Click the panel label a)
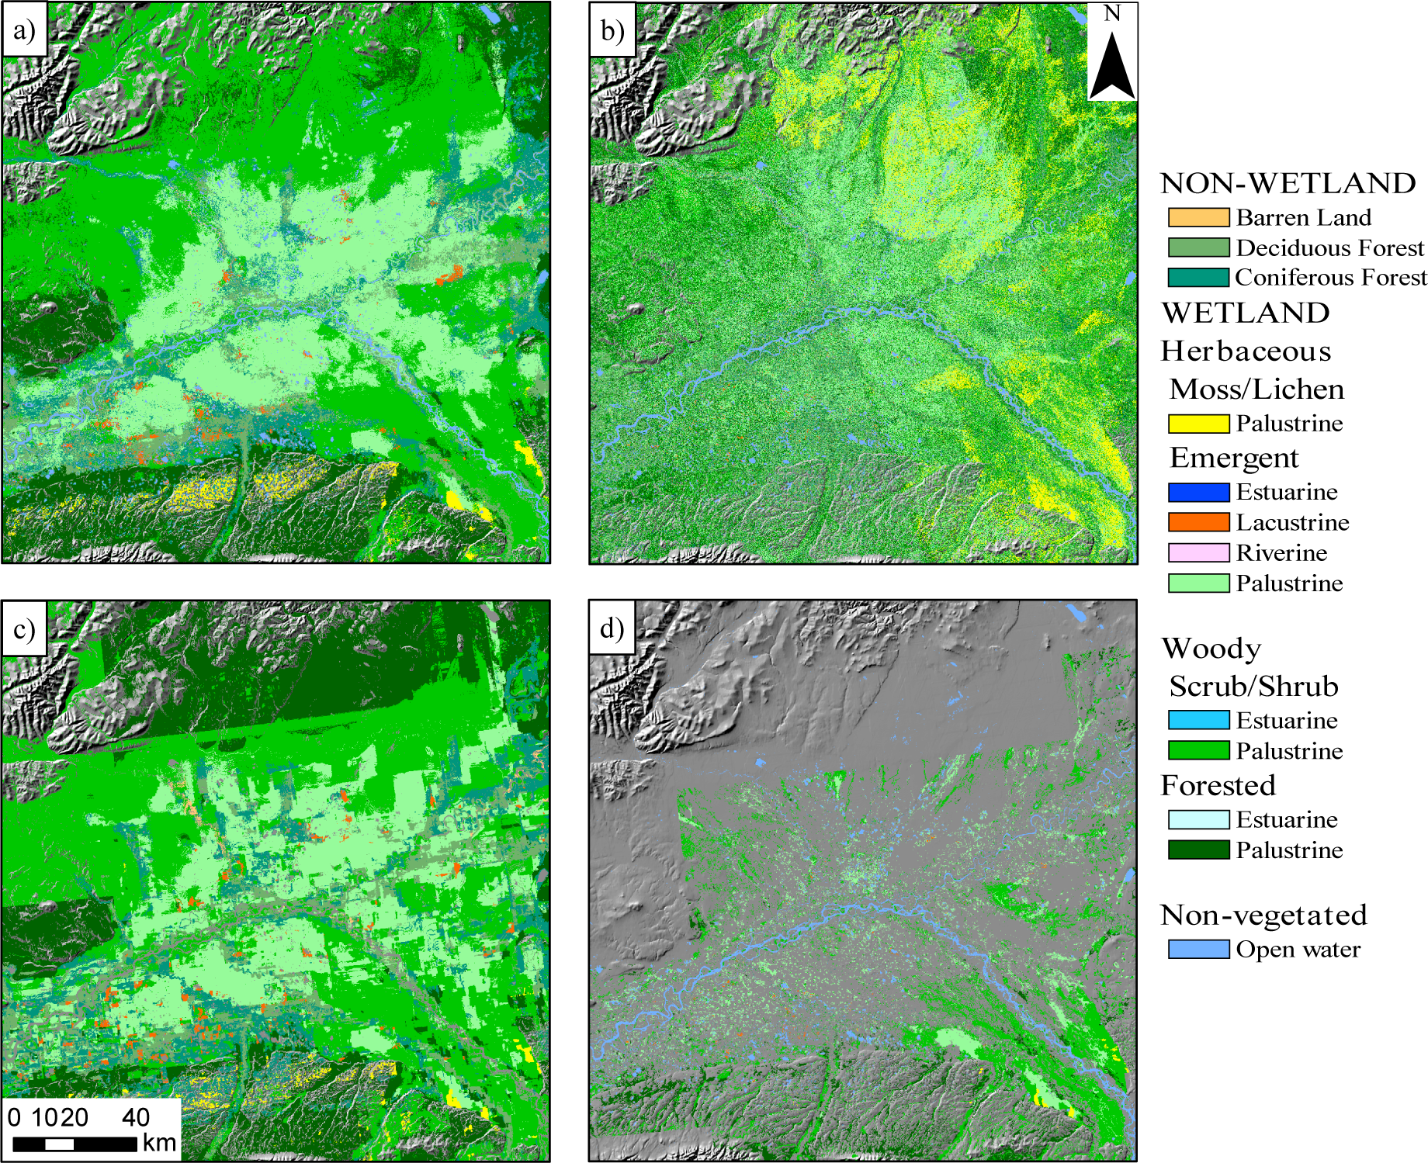click(x=25, y=31)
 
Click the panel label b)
click(x=612, y=31)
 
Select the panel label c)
click(x=25, y=629)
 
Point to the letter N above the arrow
click(x=1112, y=14)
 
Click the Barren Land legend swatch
click(x=1198, y=217)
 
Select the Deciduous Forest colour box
click(x=1198, y=247)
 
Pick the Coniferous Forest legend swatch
click(x=1198, y=277)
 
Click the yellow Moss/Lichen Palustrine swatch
click(x=1198, y=424)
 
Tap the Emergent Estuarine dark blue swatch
click(x=1198, y=492)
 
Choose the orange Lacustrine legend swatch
click(x=1198, y=522)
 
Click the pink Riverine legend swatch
click(x=1198, y=552)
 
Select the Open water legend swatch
click(x=1198, y=949)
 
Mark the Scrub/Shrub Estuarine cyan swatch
click(x=1198, y=720)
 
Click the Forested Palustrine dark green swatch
click(x=1198, y=850)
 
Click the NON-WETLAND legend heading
click(x=1288, y=183)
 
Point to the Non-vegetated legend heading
click(x=1263, y=916)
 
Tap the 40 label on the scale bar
click(x=136, y=1117)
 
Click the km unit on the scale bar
click(x=159, y=1143)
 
